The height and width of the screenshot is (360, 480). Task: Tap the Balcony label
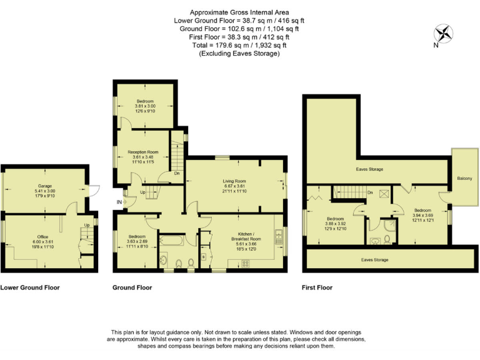coord(464,179)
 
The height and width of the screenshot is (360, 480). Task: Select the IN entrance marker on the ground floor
coord(119,201)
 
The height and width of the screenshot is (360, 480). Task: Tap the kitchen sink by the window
coord(278,237)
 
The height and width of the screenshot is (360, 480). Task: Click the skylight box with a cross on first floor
coord(383,193)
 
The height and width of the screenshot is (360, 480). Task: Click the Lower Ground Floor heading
coord(30,287)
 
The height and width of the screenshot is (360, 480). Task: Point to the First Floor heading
coord(317,287)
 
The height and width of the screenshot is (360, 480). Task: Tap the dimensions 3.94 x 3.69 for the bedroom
coord(422,216)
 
